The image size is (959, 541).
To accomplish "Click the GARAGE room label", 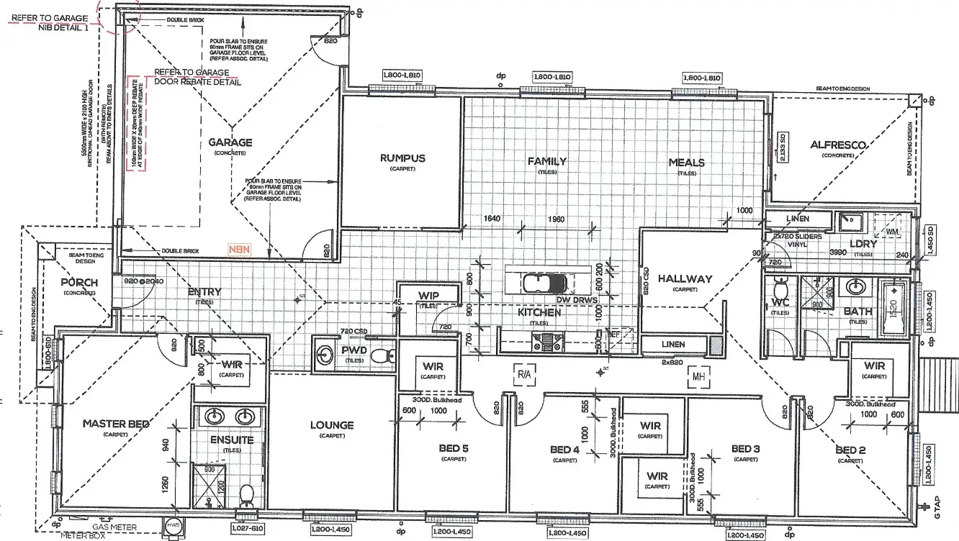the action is pos(230,142).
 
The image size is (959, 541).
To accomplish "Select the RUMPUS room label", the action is pos(402,158).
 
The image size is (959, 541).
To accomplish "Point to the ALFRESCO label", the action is pos(837,145).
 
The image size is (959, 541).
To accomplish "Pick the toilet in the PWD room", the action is pos(389,354).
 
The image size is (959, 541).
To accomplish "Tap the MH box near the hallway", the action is pos(696,375).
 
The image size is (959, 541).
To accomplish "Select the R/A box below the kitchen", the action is pos(523,374).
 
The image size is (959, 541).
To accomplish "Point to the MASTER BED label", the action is pos(115,424).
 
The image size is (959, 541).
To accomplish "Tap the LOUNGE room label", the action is pos(332,425).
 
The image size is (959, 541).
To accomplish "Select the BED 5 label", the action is pos(454,449).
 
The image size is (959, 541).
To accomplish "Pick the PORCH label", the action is pos(79,282).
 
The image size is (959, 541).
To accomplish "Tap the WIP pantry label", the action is pos(428,295).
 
